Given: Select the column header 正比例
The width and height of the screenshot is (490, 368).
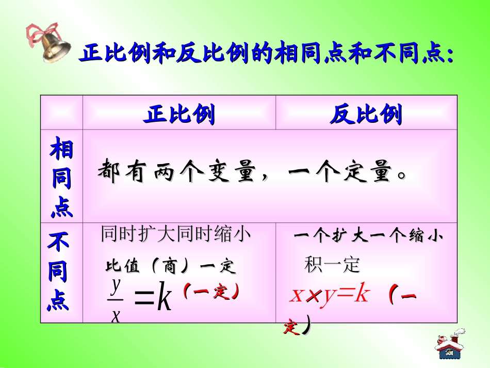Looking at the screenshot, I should (179, 115).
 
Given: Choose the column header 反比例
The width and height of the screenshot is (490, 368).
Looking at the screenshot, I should (366, 115).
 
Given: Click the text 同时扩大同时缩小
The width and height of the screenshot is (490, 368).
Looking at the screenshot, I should (176, 235).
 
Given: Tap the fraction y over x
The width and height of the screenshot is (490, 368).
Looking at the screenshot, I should (116, 299).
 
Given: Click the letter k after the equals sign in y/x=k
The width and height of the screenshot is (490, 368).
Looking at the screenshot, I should (164, 299).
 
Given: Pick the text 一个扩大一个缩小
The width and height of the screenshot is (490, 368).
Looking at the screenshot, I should (368, 236).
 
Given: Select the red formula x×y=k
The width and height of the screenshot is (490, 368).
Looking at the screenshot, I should (330, 295).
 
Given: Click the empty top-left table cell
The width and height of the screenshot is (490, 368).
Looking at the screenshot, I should (61, 112).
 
